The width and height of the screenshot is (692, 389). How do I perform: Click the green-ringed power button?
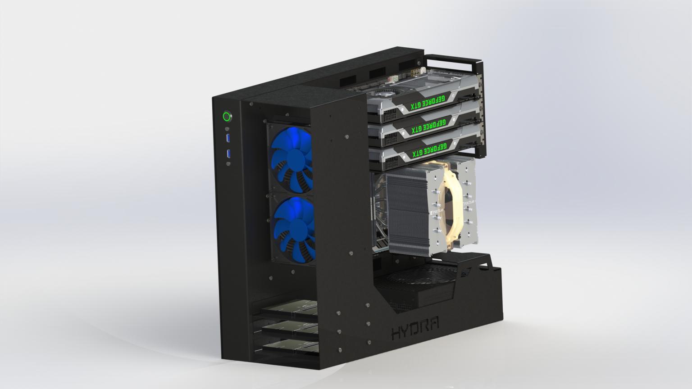(x=227, y=117)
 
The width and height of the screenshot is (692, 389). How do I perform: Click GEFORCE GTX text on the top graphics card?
(x=427, y=103)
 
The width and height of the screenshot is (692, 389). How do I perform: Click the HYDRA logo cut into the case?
(x=415, y=331)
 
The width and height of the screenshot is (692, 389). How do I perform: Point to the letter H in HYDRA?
(x=397, y=334)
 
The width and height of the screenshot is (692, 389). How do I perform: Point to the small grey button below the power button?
(x=227, y=128)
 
